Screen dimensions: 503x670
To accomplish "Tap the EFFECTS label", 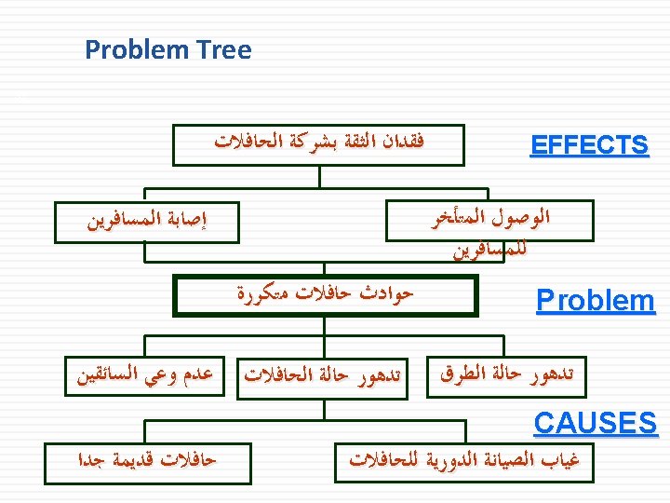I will [589, 146].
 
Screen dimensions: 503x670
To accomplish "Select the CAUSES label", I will [596, 423].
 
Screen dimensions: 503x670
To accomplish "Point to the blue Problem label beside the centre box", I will [596, 300].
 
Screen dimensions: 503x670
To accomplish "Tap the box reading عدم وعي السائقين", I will [145, 375].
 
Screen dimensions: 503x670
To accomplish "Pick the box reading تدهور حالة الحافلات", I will [326, 375].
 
